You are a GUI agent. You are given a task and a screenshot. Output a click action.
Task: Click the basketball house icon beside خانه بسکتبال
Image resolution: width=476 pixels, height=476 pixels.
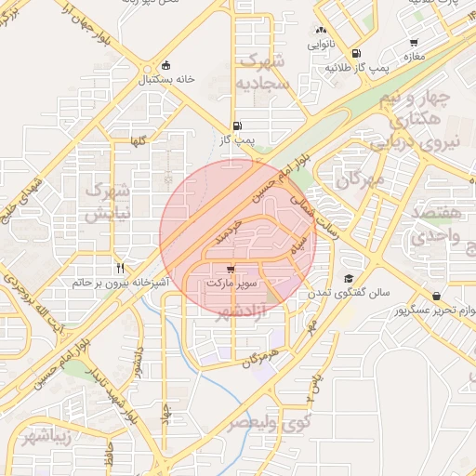[x=166, y=65]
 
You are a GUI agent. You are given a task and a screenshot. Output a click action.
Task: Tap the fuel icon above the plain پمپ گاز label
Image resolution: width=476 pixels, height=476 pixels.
[x=237, y=126]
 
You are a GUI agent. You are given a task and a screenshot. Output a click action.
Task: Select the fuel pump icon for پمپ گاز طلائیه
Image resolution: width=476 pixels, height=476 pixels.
[x=358, y=53]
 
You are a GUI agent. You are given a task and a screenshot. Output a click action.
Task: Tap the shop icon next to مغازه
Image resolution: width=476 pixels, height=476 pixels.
[x=415, y=42]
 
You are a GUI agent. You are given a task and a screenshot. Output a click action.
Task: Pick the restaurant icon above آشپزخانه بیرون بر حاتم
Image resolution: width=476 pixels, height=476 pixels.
[x=120, y=266]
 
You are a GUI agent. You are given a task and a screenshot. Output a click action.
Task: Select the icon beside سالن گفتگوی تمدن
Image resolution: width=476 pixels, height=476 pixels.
[x=348, y=278]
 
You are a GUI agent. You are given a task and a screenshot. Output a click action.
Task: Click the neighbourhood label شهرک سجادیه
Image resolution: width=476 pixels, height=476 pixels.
[x=265, y=72]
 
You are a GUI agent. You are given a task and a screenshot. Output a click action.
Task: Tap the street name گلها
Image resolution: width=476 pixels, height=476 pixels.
[x=139, y=141]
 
